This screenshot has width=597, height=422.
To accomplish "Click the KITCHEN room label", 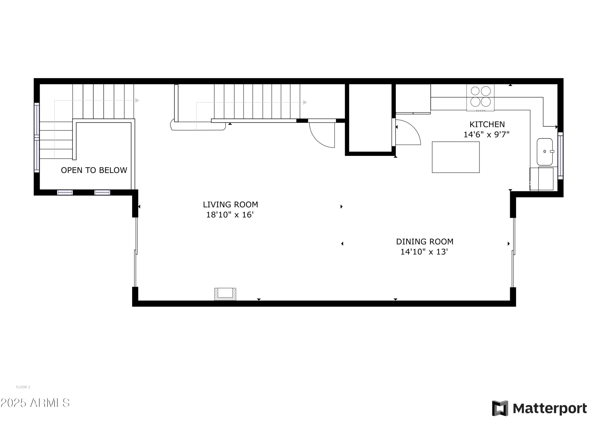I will coord(487,125).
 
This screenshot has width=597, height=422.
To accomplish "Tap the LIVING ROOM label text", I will coord(230,205).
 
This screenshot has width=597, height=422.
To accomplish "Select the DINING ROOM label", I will coord(425,242).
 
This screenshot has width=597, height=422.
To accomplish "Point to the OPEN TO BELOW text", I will coord(94,170).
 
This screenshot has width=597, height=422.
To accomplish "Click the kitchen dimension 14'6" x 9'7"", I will coord(487,135).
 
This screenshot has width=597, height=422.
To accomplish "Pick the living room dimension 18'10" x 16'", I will coord(230,215).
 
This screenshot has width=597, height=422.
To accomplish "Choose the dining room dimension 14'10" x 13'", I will coord(424,252).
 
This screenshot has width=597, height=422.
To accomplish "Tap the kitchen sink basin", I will coord(544,152).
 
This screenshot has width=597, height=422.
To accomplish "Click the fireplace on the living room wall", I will coord(225,294).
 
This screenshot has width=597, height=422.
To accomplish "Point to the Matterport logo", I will coord(539,408).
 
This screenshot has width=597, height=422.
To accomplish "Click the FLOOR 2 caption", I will coord(23,387).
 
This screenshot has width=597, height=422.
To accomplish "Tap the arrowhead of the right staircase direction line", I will coord(305,102).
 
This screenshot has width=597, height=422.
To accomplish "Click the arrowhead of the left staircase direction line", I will coord(138,100).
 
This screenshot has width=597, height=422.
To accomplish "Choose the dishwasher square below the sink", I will coord(542,179).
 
